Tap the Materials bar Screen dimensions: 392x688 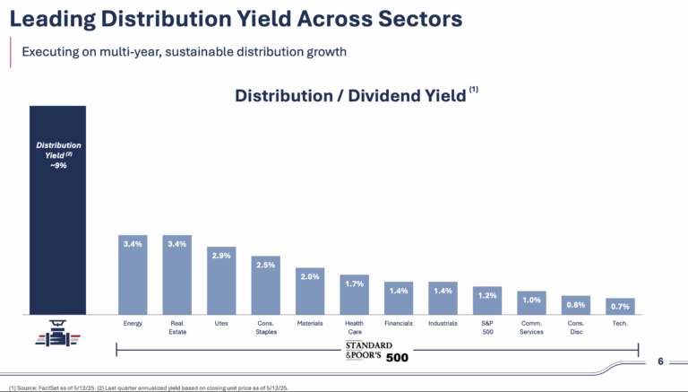point(310,292)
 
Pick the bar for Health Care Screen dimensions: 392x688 point(354,295)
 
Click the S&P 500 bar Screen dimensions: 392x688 point(487,301)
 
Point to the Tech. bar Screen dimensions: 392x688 point(620,306)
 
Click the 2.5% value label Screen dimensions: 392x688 point(265,265)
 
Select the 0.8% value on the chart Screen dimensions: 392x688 point(576,303)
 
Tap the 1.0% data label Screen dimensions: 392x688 point(531,300)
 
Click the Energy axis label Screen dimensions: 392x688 point(133,322)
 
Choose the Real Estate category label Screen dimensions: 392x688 point(176,326)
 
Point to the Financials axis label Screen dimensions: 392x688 point(399,322)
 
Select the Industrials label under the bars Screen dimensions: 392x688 point(443,322)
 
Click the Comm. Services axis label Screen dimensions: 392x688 point(531,326)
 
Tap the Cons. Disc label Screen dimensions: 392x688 point(576,326)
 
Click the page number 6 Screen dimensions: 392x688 point(660,362)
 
